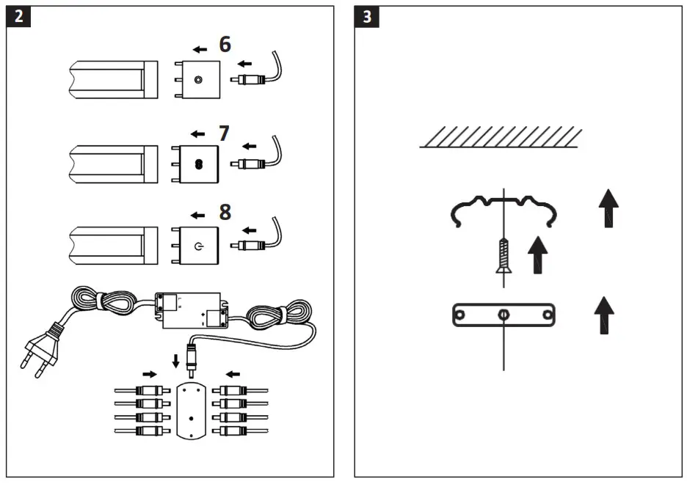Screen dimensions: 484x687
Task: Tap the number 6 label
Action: click(x=225, y=45)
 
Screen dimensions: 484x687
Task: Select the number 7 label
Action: click(x=224, y=133)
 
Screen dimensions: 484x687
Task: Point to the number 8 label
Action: click(x=225, y=212)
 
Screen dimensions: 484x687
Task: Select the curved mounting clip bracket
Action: click(x=504, y=208)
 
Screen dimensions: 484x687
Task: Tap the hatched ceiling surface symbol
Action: click(x=501, y=137)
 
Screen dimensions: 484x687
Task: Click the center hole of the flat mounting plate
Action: click(x=504, y=315)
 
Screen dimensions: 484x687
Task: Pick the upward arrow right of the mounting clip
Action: click(x=608, y=208)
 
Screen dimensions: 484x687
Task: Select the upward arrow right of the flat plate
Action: click(x=603, y=315)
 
